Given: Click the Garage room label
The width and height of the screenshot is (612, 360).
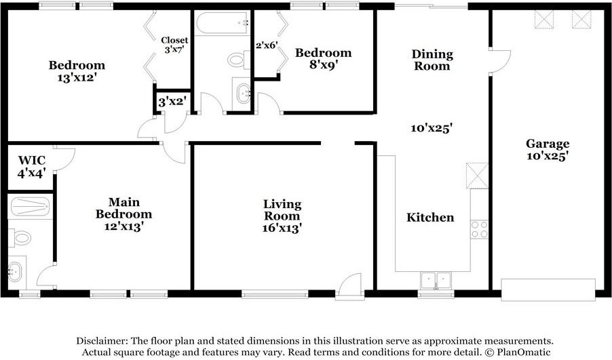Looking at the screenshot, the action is tap(548, 144).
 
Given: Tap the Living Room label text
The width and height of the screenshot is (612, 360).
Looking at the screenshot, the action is tap(282, 210).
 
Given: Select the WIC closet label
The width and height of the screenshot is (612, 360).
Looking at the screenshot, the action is tap(32, 160).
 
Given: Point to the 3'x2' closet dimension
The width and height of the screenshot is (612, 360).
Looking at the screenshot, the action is tap(172, 102).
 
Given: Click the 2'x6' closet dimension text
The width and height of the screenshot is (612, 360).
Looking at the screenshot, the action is tap(267, 45).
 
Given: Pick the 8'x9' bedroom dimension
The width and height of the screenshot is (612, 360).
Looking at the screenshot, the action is tap(323, 64).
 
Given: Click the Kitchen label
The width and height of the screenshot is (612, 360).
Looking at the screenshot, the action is tap(430, 217).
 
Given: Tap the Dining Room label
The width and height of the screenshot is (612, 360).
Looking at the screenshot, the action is tap(432, 60).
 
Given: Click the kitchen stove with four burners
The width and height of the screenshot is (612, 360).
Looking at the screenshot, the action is tap(479, 229).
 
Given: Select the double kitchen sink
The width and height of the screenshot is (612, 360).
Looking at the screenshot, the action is tap(436, 281).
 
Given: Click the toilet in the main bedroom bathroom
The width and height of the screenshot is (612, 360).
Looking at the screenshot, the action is tap(20, 237).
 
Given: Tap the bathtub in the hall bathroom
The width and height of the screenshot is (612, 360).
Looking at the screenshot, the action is tap(222, 23).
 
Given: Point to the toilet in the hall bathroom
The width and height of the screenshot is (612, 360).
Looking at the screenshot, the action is tap(239, 60).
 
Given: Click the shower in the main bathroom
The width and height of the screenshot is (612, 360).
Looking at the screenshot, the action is tap(30, 206).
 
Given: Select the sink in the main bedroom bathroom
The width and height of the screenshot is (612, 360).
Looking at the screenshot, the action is tap(16, 271).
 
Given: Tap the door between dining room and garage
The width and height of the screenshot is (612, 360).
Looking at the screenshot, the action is tap(499, 61).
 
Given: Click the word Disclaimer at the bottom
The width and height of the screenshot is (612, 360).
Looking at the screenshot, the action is tap(102, 340).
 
